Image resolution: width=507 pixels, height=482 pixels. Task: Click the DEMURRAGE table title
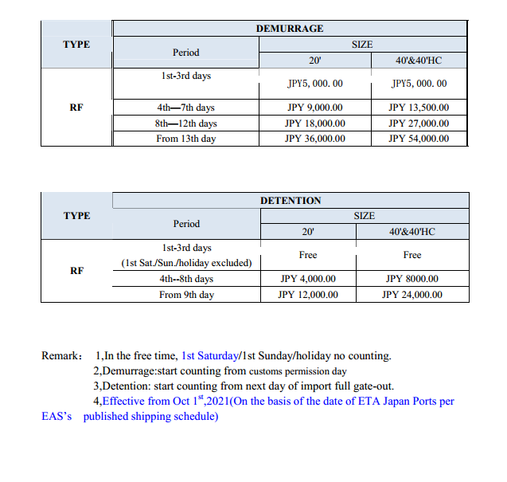(x=290, y=29)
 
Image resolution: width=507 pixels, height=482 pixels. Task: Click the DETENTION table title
(x=291, y=201)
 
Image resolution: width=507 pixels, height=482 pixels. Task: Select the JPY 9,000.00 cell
(x=314, y=108)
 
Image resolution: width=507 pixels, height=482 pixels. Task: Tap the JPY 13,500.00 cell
(x=419, y=108)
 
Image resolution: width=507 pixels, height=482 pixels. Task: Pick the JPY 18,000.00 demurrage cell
(x=314, y=123)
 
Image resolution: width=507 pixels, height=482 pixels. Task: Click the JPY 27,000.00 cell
(x=419, y=123)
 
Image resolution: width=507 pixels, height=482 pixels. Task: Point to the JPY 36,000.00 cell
(x=314, y=139)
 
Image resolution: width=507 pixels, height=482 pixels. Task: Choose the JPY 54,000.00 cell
(x=419, y=139)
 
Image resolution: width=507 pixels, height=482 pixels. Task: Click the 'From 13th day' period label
(x=186, y=139)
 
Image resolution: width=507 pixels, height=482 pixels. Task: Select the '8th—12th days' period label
(x=186, y=123)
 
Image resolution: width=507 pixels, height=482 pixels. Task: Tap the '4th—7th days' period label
(x=186, y=108)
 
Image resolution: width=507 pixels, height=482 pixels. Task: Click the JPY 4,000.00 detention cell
(x=308, y=279)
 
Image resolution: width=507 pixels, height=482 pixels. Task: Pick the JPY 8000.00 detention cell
(x=411, y=279)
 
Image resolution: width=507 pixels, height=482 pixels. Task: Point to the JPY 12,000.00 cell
(x=308, y=295)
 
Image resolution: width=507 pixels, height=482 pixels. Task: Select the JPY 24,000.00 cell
(x=411, y=295)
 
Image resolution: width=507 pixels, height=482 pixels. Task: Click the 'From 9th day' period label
(x=186, y=295)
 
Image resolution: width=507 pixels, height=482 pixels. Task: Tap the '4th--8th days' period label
(x=186, y=279)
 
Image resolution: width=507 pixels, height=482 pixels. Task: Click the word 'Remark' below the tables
(x=60, y=356)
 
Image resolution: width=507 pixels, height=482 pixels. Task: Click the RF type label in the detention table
(x=76, y=271)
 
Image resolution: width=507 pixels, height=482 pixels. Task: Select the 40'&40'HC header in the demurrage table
(x=419, y=60)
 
